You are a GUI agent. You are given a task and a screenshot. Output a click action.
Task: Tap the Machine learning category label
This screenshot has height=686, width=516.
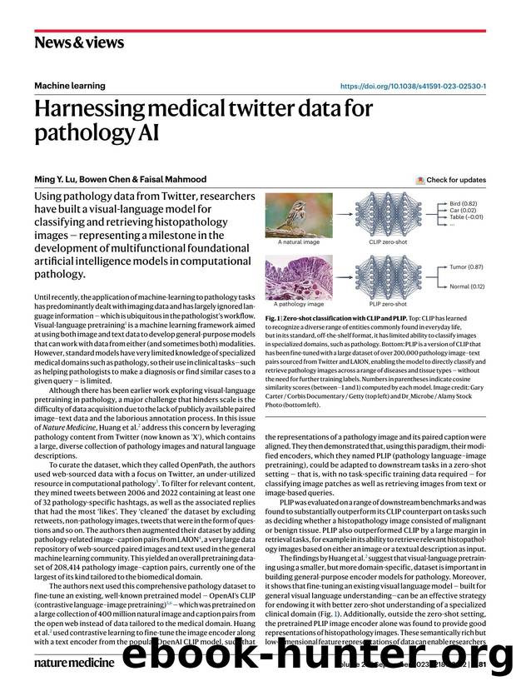[x=70, y=86]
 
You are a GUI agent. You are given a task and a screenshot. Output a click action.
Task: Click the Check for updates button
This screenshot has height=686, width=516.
[x=451, y=180]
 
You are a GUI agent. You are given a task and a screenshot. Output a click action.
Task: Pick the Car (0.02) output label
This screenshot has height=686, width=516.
[x=464, y=211]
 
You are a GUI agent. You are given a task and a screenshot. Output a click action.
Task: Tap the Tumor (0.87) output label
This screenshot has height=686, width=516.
[x=468, y=267]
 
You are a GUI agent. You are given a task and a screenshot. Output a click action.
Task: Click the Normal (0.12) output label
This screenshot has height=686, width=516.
[x=469, y=287]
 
